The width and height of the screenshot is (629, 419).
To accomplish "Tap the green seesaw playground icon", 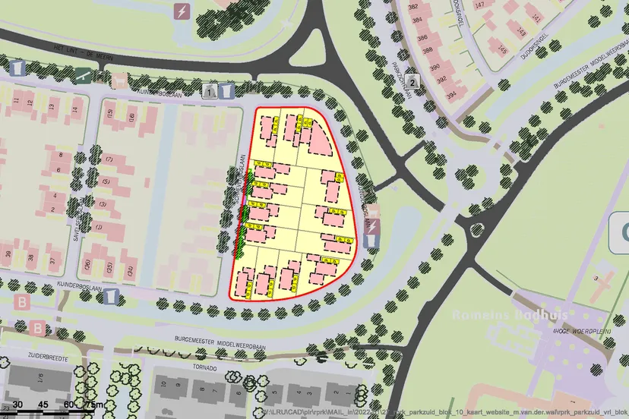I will [83, 75].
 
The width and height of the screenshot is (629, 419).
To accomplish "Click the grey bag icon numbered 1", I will [210, 91].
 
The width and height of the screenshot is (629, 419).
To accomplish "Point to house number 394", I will [451, 95].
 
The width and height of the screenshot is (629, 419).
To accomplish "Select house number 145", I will [502, 50].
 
